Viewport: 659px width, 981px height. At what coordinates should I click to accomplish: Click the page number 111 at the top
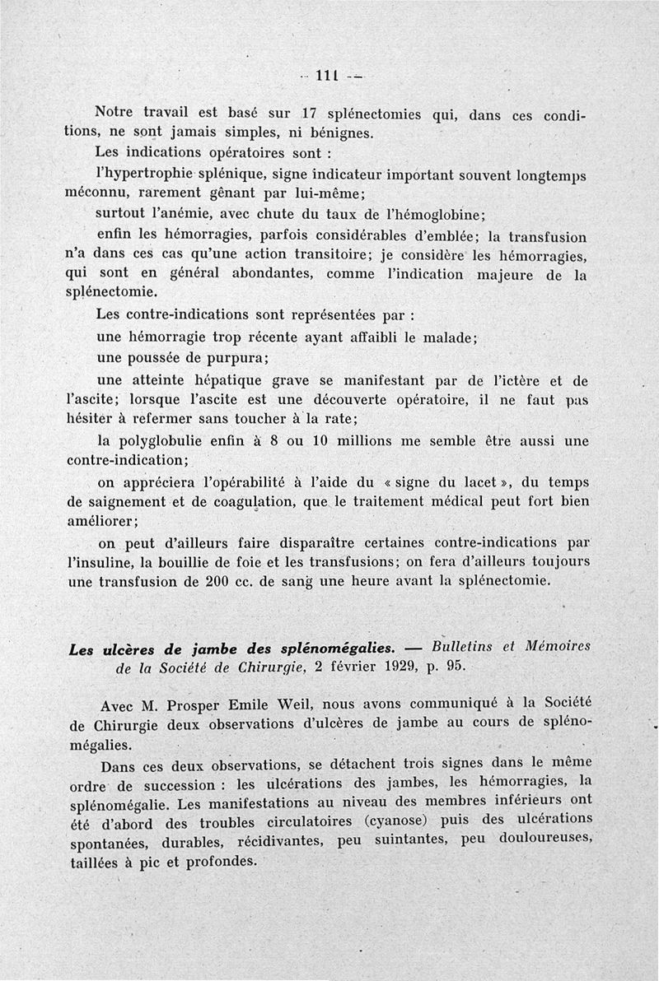[328, 77]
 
